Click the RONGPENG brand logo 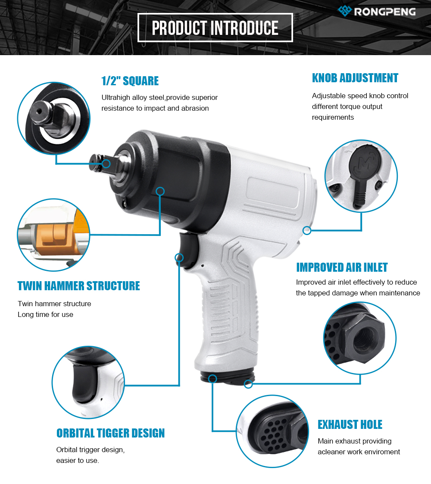tap(377, 12)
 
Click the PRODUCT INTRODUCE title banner tap(215, 28)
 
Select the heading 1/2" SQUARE tap(130, 81)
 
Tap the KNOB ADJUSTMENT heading tap(355, 78)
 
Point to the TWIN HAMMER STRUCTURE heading tap(78, 286)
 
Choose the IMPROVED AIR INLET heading tap(342, 267)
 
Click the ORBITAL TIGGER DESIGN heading tap(110, 433)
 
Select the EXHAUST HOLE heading tap(350, 425)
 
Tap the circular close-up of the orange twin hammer tap(53, 235)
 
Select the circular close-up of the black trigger tap(88, 382)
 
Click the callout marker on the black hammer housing tap(160, 191)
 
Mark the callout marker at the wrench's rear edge tap(307, 230)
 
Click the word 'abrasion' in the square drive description tap(194, 109)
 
